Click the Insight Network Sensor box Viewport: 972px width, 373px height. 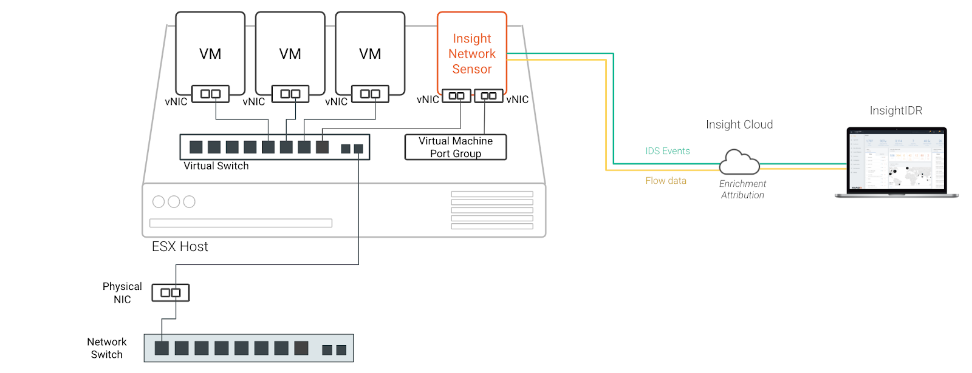[472, 53]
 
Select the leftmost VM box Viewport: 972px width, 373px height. [210, 53]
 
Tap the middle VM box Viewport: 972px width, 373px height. [290, 53]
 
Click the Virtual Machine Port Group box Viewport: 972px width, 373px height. [456, 147]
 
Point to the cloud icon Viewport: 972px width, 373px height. [739, 163]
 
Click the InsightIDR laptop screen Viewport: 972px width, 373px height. [897, 160]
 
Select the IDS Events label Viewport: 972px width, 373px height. [668, 151]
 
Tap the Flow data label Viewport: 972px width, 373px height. [666, 181]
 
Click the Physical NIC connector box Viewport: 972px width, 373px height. [170, 293]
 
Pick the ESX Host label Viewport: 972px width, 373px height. [180, 247]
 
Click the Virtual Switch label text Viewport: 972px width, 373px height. [216, 166]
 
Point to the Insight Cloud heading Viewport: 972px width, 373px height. [739, 124]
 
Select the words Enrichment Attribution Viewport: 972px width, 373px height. [742, 189]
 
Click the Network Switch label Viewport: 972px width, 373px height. [107, 348]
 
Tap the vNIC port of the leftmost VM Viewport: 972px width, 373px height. [210, 94]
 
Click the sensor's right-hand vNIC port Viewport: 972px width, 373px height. [488, 96]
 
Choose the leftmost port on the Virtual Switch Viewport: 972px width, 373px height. [196, 147]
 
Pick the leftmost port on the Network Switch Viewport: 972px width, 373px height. [162, 348]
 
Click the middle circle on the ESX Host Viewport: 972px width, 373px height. [174, 202]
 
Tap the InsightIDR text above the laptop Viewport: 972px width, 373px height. [896, 110]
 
